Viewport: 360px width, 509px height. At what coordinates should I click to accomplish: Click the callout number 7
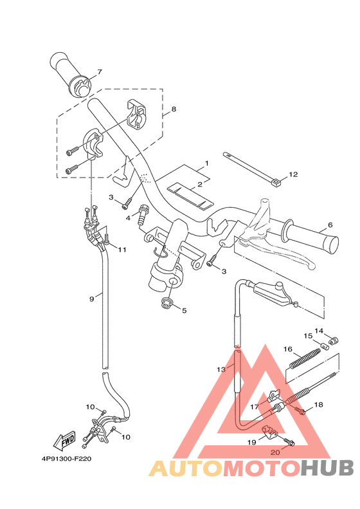100,72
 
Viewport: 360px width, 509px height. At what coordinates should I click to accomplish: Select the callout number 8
173,110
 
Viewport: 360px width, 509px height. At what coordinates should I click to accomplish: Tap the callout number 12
293,174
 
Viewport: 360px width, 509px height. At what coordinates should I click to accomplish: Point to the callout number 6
330,225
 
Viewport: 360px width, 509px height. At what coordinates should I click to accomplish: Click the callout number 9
91,299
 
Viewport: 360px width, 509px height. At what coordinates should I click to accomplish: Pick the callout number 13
221,369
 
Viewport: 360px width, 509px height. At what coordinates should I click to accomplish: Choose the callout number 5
184,311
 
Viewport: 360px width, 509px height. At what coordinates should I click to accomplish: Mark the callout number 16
288,349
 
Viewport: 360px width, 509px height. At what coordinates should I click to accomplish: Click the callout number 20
275,453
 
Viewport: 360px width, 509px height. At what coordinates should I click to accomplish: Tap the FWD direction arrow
65,441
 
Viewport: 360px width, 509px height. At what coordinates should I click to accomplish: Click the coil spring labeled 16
305,358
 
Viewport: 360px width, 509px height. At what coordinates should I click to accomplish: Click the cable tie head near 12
276,184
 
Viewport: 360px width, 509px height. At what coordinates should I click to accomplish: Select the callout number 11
122,249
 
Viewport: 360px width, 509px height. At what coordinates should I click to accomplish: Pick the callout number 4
128,219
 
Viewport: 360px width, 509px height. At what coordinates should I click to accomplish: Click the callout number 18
319,405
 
